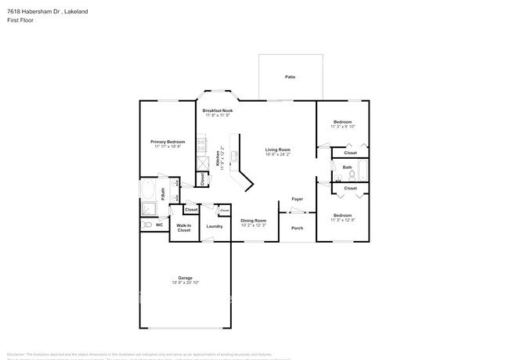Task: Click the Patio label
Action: [x=290, y=77]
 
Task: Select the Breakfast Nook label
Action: [x=218, y=110]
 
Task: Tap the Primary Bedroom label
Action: [x=168, y=142]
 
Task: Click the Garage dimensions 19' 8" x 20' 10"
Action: [x=185, y=282]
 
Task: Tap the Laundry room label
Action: [x=215, y=226]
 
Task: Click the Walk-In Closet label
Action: [x=184, y=228]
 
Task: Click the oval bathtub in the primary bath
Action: [x=148, y=191]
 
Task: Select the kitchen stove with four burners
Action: [x=201, y=145]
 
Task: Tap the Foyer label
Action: [x=298, y=199]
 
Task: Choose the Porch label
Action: [x=297, y=228]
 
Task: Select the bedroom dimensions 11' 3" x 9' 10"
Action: [x=343, y=127]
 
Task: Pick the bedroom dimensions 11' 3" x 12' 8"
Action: [x=343, y=220]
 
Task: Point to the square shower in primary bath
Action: [x=202, y=161]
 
